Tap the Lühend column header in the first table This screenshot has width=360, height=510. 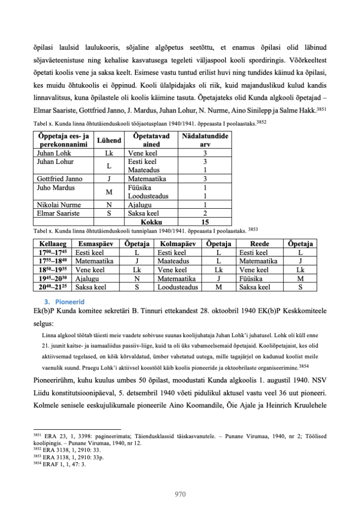[109, 141]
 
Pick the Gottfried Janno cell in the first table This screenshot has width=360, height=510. [60, 178]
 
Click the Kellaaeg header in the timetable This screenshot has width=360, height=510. [52, 244]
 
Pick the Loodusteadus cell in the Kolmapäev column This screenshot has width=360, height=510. [178, 287]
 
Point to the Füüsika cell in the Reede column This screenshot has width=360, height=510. [252, 278]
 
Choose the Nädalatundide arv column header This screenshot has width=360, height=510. [205, 141]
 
